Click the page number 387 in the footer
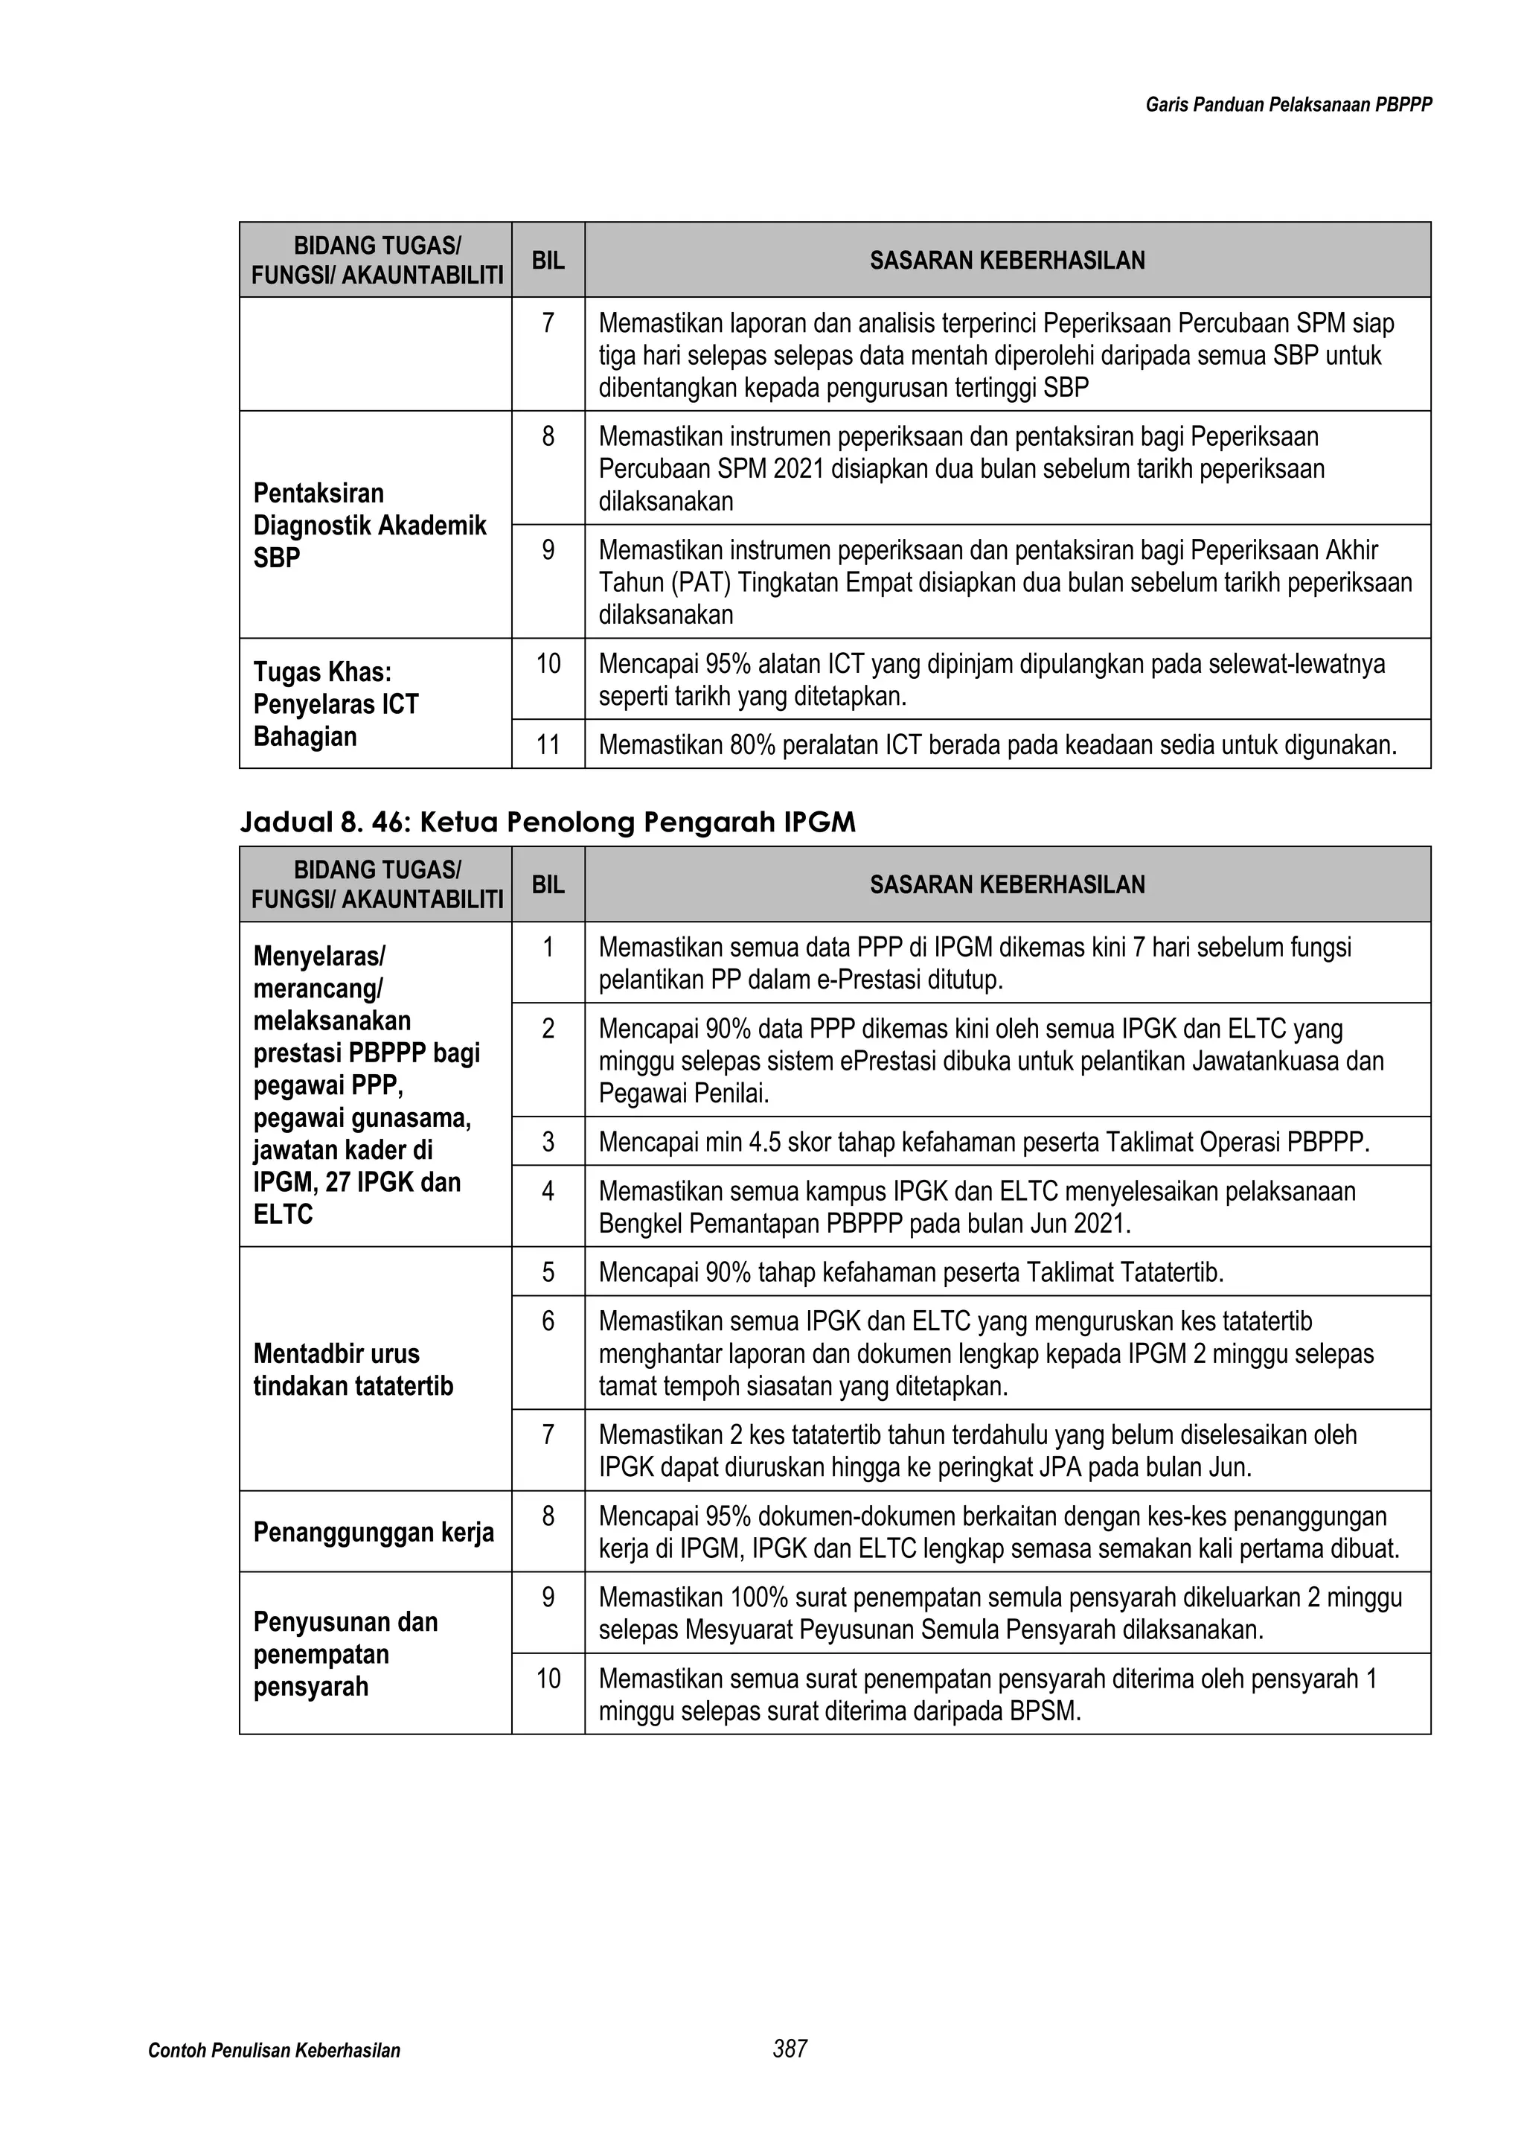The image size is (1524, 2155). click(790, 2048)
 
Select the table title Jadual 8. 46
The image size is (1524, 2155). click(548, 823)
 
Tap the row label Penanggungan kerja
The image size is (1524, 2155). click(374, 1533)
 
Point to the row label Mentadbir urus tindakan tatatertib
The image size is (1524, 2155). click(353, 1370)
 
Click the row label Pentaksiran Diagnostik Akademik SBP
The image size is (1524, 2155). click(370, 526)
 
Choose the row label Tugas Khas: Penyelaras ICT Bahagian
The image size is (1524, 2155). click(336, 704)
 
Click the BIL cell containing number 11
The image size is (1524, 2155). click(548, 745)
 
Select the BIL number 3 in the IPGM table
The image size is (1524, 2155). click(548, 1143)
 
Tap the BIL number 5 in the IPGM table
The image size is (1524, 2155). click(548, 1273)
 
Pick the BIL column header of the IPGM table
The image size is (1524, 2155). click(548, 885)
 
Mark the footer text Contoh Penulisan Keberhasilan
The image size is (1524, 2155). click(274, 2051)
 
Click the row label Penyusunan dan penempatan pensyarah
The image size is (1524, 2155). click(345, 1655)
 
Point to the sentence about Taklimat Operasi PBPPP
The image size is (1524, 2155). click(984, 1143)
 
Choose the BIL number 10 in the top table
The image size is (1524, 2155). click(548, 665)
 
